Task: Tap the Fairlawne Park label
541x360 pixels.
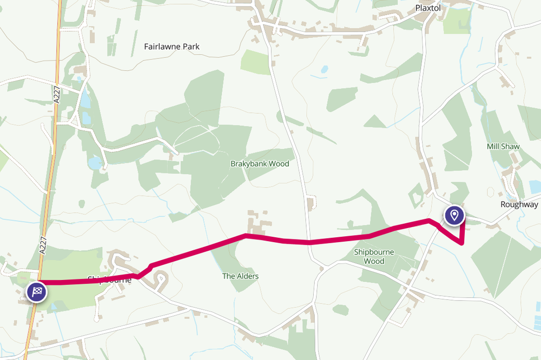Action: [171, 47]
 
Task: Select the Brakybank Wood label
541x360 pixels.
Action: [260, 164]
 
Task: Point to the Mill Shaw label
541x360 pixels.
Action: [503, 146]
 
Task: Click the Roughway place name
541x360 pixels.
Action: [519, 205]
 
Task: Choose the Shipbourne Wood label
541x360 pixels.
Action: [374, 257]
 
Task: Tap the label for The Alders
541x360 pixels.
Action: [240, 276]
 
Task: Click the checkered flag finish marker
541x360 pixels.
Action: [36, 292]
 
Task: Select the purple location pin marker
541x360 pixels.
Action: [454, 215]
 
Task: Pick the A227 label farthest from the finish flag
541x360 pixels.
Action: [57, 97]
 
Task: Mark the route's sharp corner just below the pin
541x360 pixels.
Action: [463, 244]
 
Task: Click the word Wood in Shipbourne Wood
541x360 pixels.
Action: [374, 262]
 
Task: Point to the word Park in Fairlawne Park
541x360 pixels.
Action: [190, 47]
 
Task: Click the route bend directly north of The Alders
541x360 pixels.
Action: [246, 236]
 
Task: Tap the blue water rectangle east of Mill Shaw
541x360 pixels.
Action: [535, 187]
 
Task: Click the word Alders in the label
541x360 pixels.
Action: [248, 276]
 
